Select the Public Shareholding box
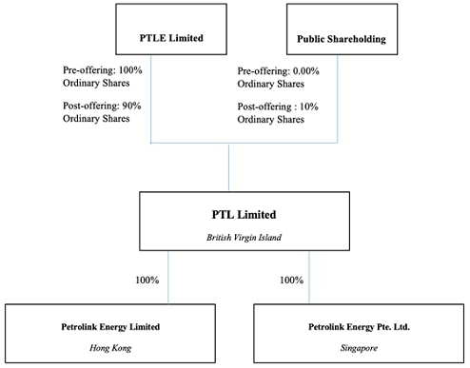click(336, 30)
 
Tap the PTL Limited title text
click(229, 216)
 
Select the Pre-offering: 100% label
click(95, 70)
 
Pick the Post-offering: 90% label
click(96, 105)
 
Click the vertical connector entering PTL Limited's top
click(229, 167)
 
